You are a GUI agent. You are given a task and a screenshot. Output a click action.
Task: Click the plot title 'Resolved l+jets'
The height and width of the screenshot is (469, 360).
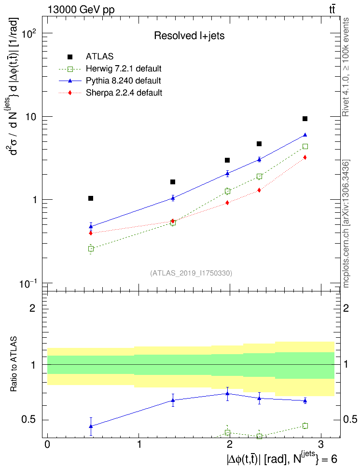(x=189, y=35)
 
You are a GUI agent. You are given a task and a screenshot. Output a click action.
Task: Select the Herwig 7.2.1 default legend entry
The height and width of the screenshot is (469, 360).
(x=124, y=68)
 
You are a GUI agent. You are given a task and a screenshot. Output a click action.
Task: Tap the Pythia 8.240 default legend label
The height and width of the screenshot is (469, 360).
(x=124, y=80)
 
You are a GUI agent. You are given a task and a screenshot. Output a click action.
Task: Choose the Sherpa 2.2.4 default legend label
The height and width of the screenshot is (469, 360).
(x=124, y=92)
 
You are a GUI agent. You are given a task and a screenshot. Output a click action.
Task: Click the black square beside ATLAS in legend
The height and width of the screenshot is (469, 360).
(x=70, y=56)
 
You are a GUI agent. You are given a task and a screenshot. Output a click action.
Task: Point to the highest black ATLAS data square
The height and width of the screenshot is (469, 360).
(x=305, y=119)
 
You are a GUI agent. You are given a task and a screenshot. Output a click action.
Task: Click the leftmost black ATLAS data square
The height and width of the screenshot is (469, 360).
(x=91, y=198)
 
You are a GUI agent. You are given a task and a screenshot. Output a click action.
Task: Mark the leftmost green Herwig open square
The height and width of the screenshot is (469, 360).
(x=91, y=248)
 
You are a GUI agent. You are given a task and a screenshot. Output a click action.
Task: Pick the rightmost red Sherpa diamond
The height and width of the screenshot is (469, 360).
(x=305, y=157)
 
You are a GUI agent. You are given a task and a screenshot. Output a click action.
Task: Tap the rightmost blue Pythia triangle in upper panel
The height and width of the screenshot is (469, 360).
(x=305, y=135)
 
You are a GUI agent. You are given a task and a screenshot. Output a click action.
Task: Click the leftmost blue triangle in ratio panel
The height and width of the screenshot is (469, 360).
(x=91, y=426)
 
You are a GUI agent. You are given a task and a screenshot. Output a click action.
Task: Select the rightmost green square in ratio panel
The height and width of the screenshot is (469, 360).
(x=305, y=426)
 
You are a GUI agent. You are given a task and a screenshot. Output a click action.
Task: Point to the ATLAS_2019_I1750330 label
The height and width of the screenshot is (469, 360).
(x=192, y=273)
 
